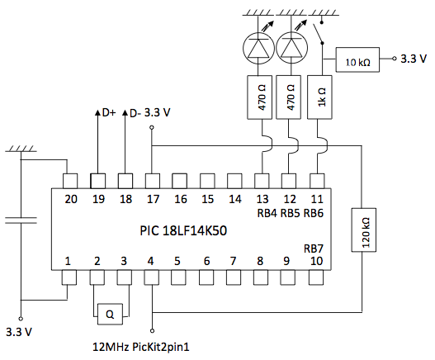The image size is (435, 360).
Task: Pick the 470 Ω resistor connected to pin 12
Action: pos(288,100)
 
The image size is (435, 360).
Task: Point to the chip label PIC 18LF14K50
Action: pos(182,230)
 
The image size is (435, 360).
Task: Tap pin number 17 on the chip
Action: pos(153,198)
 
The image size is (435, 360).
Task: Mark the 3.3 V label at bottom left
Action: pos(21,334)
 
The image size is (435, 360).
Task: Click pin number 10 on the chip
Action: pos(316,262)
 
